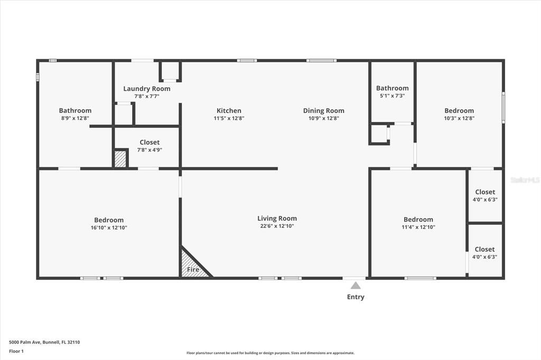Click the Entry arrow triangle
356,286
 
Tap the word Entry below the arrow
356,297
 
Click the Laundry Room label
147,89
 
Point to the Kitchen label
229,111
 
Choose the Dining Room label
323,111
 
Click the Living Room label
277,219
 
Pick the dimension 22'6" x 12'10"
277,226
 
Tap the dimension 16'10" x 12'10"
109,228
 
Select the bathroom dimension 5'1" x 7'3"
392,96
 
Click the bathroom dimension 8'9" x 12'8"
75,118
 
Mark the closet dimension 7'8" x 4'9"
150,150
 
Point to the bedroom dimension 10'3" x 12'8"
459,118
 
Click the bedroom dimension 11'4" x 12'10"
418,228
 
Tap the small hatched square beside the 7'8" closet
120,159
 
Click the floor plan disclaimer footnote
270,353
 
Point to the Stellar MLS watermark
525,180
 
